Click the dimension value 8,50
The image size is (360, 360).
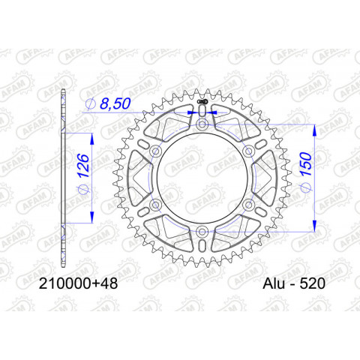tap(115, 105)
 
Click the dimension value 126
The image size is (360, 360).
tap(82, 171)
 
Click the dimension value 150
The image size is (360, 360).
tap(307, 169)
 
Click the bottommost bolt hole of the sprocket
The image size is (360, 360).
tap(202, 231)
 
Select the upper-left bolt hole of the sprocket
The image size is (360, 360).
tap(156, 151)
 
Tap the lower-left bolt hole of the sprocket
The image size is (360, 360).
tap(156, 205)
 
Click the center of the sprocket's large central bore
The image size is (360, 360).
tap(202, 178)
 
